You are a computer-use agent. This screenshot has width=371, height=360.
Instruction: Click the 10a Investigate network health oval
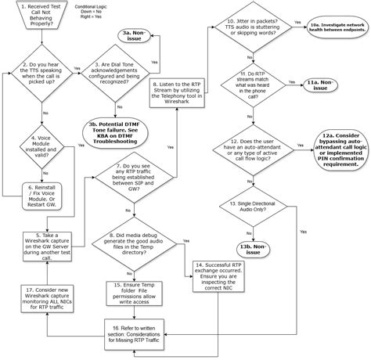pyautogui.click(x=334, y=27)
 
